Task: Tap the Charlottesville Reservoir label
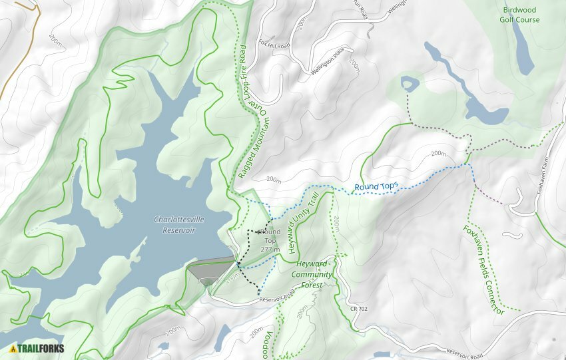pyautogui.click(x=174, y=225)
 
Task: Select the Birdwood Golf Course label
pyautogui.click(x=520, y=15)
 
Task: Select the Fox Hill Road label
pyautogui.click(x=275, y=45)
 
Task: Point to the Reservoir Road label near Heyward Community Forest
pyautogui.click(x=276, y=297)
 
